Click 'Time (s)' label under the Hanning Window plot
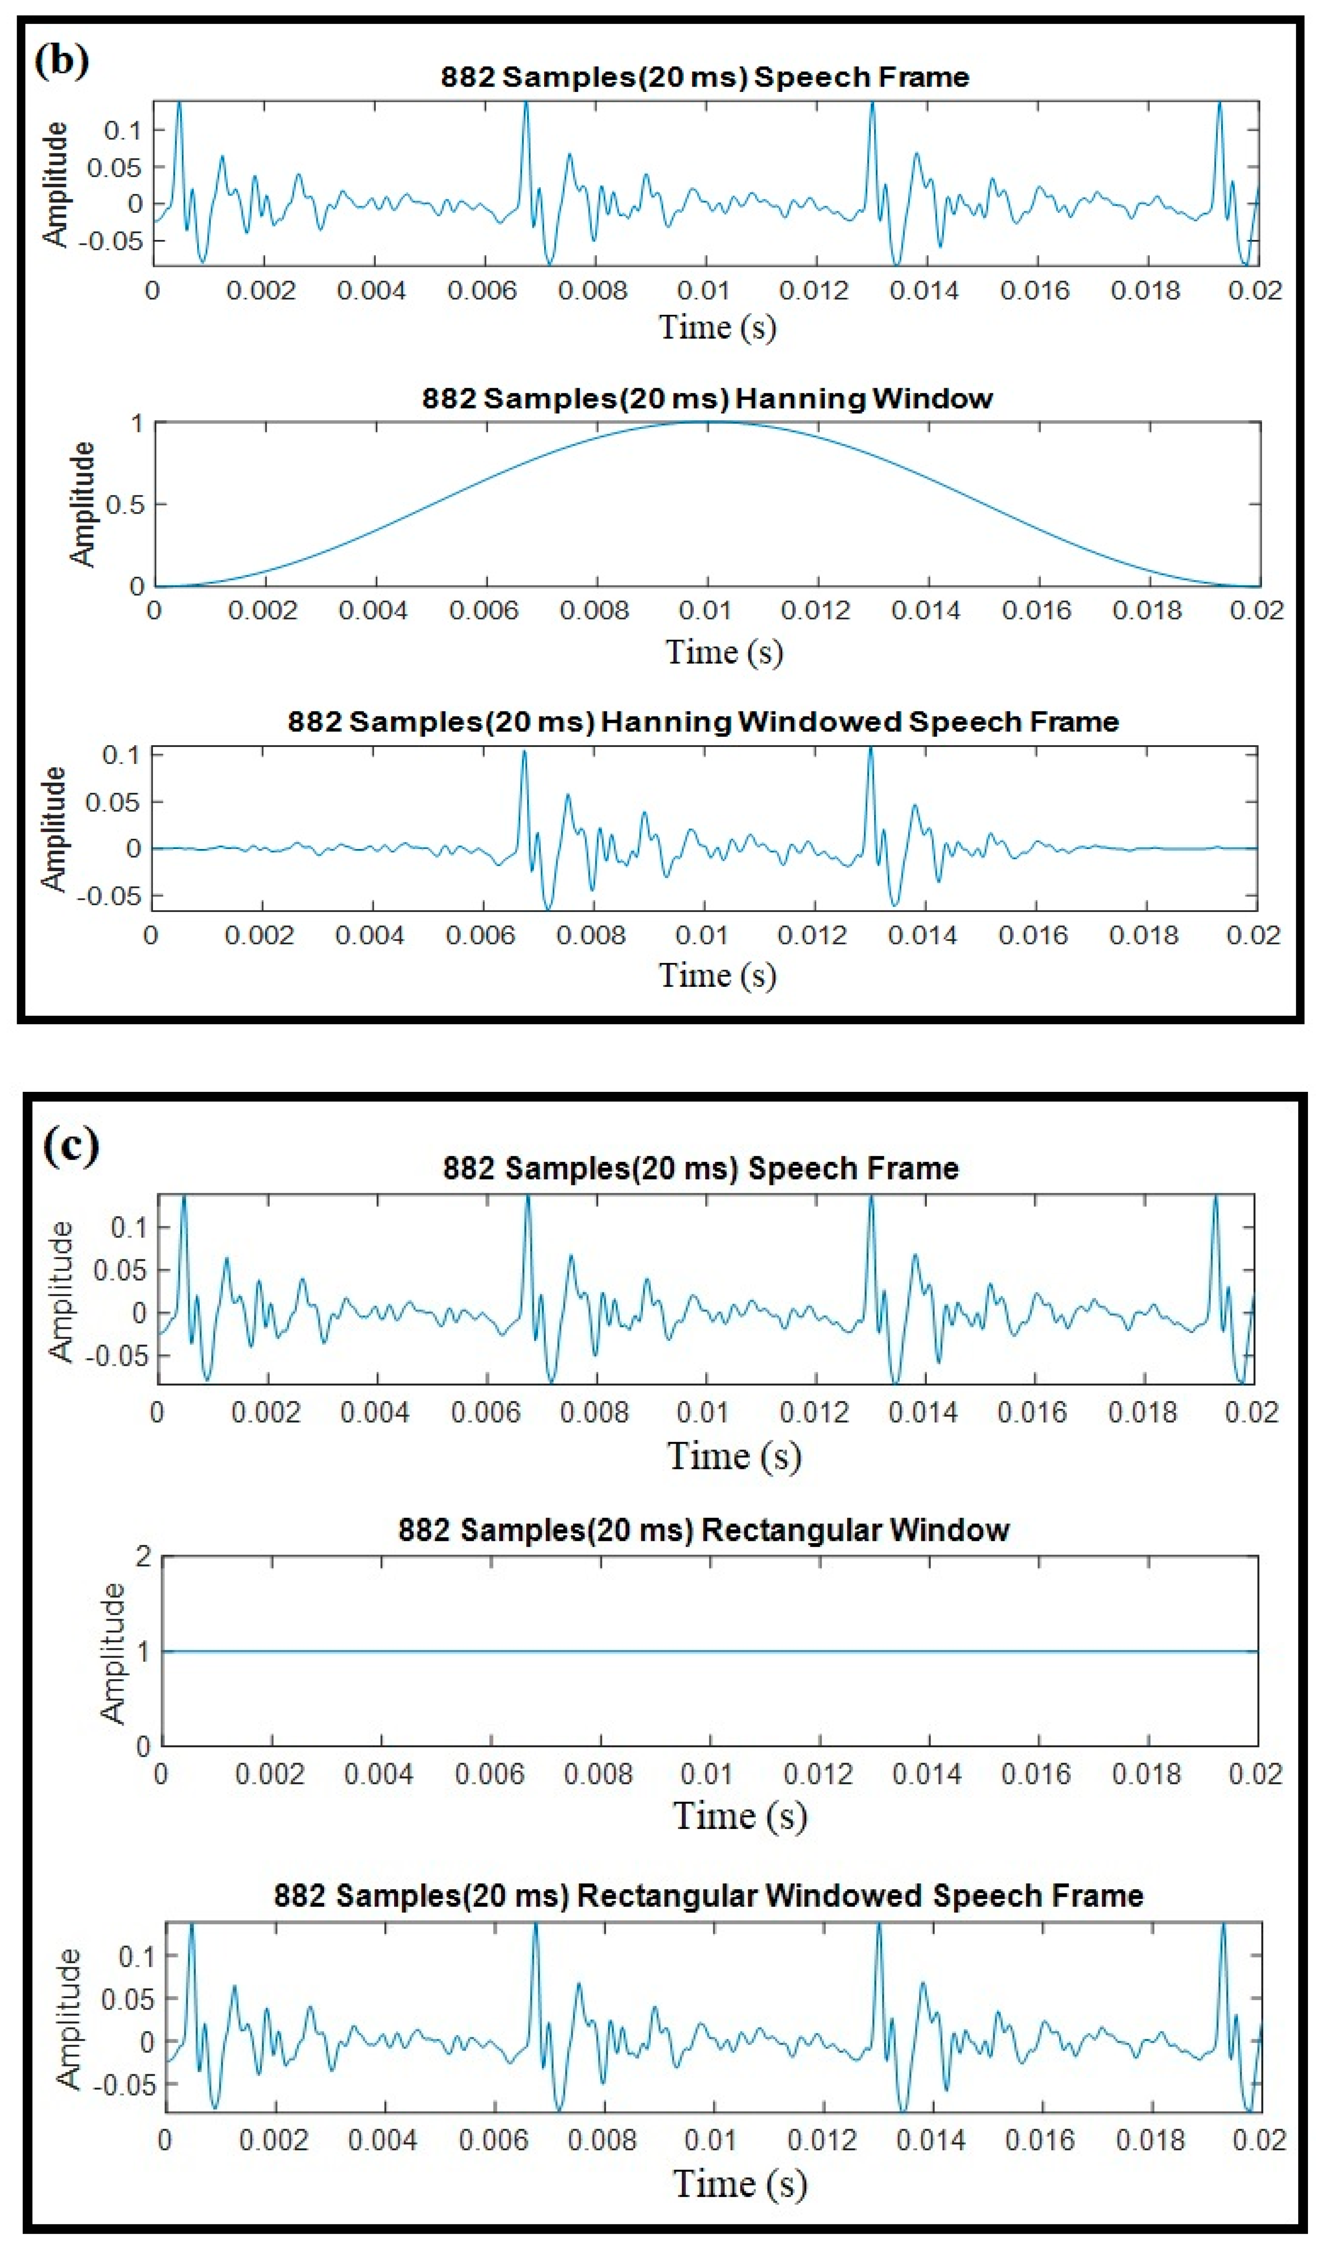724,651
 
